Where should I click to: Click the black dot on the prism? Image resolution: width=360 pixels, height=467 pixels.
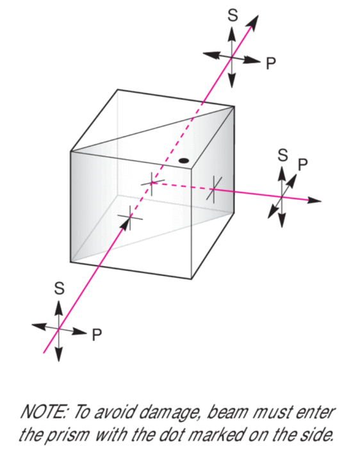pos(183,161)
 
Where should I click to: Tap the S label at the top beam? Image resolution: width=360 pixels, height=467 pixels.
pos(233,15)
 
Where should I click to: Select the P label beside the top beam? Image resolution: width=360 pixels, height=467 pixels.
pos(271,63)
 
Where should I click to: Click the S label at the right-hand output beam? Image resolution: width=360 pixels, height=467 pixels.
pos(282,155)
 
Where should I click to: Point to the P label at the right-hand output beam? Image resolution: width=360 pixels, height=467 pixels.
pos(303,165)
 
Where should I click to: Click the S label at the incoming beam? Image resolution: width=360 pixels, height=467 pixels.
pos(59,288)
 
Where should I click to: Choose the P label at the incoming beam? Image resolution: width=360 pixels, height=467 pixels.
pos(97,335)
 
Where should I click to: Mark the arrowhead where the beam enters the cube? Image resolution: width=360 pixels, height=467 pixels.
pos(126,224)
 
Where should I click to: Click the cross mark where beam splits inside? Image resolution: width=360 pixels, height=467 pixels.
pos(152,183)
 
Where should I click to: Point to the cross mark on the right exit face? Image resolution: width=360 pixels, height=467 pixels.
pos(214,190)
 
